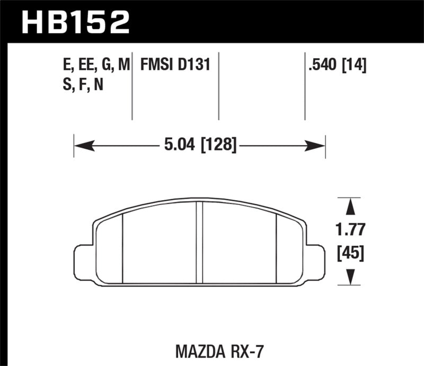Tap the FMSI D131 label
pyautogui.click(x=175, y=65)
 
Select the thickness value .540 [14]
pyautogui.click(x=336, y=65)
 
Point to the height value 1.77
pyautogui.click(x=349, y=230)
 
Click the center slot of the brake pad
pyautogui.click(x=200, y=244)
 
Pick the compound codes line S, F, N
pyautogui.click(x=82, y=85)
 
